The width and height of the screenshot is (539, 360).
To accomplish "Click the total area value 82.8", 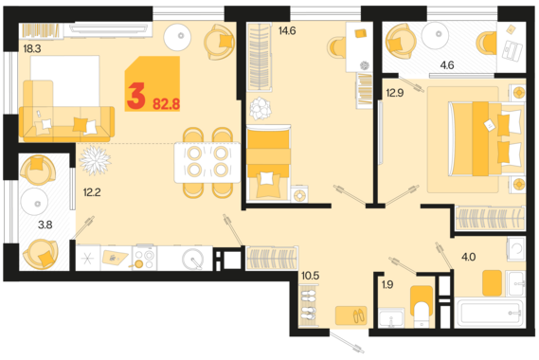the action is [x=167, y=103].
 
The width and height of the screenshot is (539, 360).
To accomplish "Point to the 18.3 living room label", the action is [x=32, y=49].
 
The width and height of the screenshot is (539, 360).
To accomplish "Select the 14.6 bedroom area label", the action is [x=287, y=31].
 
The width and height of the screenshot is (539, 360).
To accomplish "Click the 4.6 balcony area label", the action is [x=447, y=64].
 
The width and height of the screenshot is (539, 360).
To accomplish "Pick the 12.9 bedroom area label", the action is [x=395, y=93].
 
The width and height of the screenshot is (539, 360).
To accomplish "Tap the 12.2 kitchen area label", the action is [x=92, y=192].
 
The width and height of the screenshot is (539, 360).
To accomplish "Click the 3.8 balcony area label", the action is [x=45, y=225].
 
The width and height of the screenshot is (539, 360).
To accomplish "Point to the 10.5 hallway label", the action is [x=311, y=276].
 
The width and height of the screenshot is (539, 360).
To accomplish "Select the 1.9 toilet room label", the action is [x=387, y=285].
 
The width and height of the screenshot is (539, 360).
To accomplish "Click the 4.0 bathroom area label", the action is [x=468, y=257].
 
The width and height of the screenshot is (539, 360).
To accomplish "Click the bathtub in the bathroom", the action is [x=490, y=313].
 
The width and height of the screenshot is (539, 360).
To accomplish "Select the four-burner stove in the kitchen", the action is [x=144, y=257].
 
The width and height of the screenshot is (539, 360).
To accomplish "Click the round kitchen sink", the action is [x=192, y=259].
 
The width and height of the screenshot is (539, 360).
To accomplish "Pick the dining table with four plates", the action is [x=207, y=162].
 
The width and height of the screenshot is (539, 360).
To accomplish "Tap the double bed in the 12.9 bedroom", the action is [x=485, y=138].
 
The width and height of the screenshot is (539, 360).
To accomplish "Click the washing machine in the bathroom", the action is [x=516, y=247].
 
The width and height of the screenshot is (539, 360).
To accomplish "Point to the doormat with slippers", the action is [x=351, y=315].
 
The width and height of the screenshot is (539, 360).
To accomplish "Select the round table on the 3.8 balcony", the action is [x=34, y=202].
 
